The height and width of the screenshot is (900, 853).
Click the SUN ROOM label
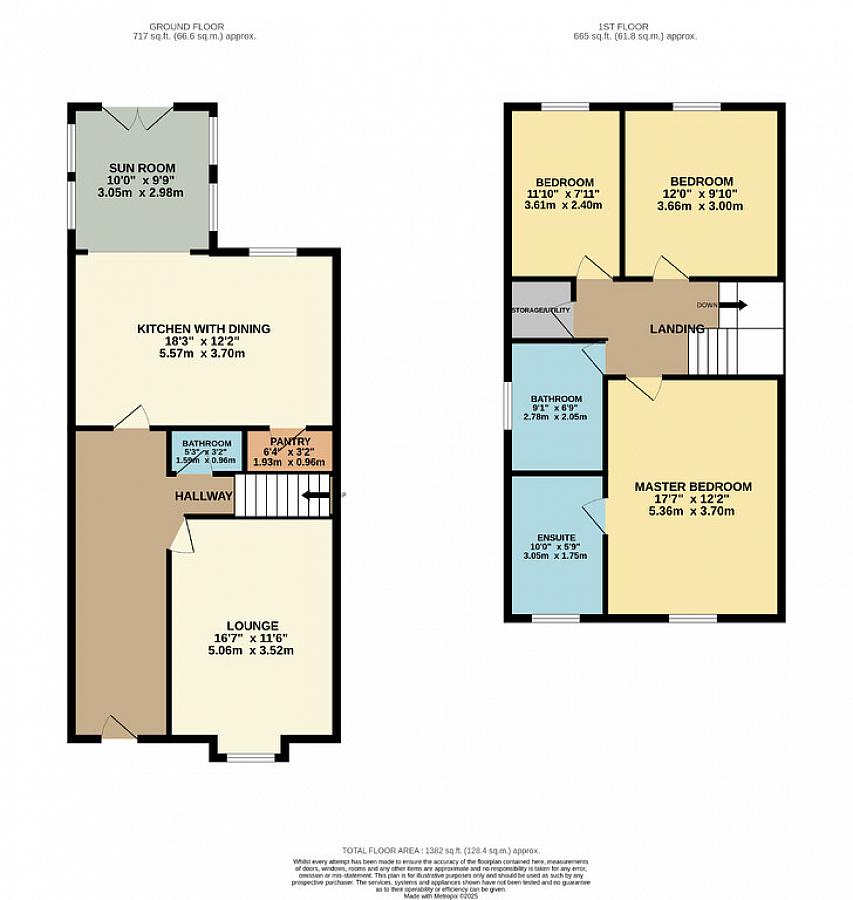141,167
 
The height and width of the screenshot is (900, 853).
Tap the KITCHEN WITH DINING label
204,329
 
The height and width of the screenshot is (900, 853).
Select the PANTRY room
290,451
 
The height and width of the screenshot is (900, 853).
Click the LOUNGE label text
251,625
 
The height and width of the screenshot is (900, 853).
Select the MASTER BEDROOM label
693,487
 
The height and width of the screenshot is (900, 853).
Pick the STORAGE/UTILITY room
541,310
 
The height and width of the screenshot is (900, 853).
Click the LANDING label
677,329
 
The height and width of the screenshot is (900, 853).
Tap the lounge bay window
250,757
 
